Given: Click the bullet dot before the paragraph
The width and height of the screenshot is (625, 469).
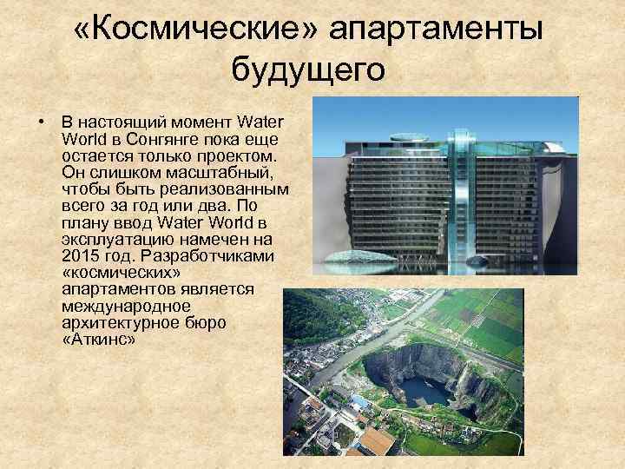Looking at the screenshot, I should pos(42,121).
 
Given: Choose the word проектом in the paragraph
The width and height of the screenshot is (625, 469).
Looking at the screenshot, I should pos(235,154).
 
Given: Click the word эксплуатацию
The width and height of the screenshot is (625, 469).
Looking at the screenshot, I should pos(117,241).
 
